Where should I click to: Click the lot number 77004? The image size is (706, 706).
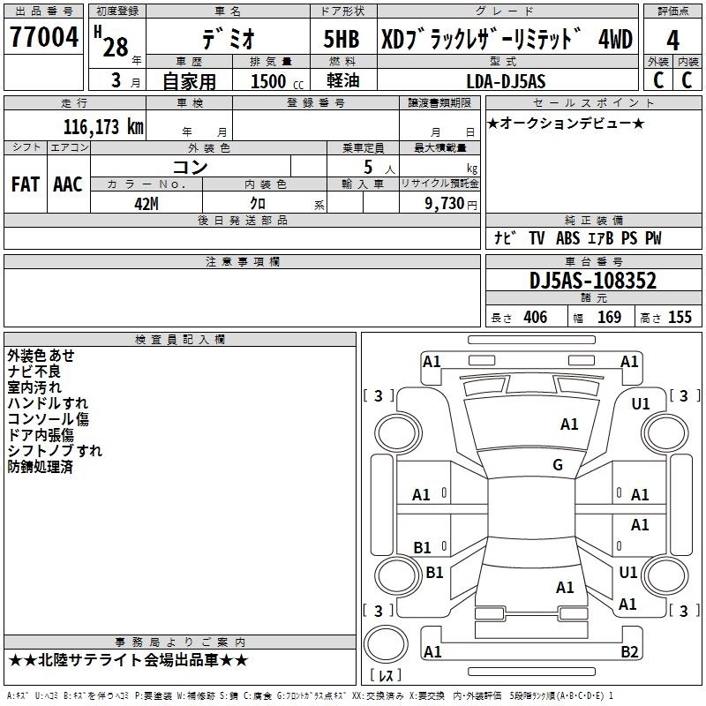click(44, 37)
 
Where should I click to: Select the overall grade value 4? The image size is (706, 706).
click(672, 41)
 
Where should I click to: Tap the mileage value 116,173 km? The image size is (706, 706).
click(103, 127)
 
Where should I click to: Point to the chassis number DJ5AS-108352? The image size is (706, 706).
click(593, 281)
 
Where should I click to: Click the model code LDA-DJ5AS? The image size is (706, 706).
click(506, 81)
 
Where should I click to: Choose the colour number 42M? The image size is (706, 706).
click(146, 204)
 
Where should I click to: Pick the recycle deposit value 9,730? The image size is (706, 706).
click(445, 204)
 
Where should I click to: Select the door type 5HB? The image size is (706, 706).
click(342, 39)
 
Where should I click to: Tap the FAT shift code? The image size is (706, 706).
click(26, 184)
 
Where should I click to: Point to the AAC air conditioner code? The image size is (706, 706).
click(68, 184)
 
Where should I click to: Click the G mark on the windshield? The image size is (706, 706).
click(558, 464)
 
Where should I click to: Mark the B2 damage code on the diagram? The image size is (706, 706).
click(629, 651)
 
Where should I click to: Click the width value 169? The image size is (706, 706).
click(609, 317)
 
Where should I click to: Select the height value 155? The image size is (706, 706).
click(680, 317)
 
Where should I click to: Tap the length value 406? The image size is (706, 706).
click(536, 317)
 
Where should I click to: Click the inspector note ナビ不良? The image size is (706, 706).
click(34, 372)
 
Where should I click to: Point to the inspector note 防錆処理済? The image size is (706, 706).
click(40, 467)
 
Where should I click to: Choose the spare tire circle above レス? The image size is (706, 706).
click(386, 644)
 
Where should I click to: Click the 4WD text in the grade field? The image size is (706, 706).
click(615, 39)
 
